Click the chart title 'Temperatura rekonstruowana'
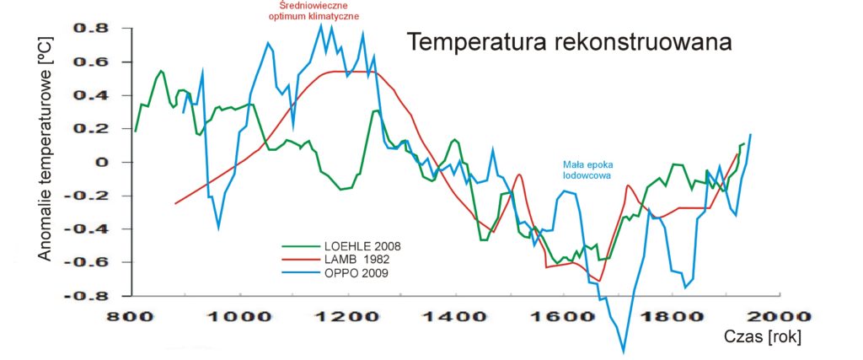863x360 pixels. coord(569,42)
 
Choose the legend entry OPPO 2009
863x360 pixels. coord(356,273)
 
